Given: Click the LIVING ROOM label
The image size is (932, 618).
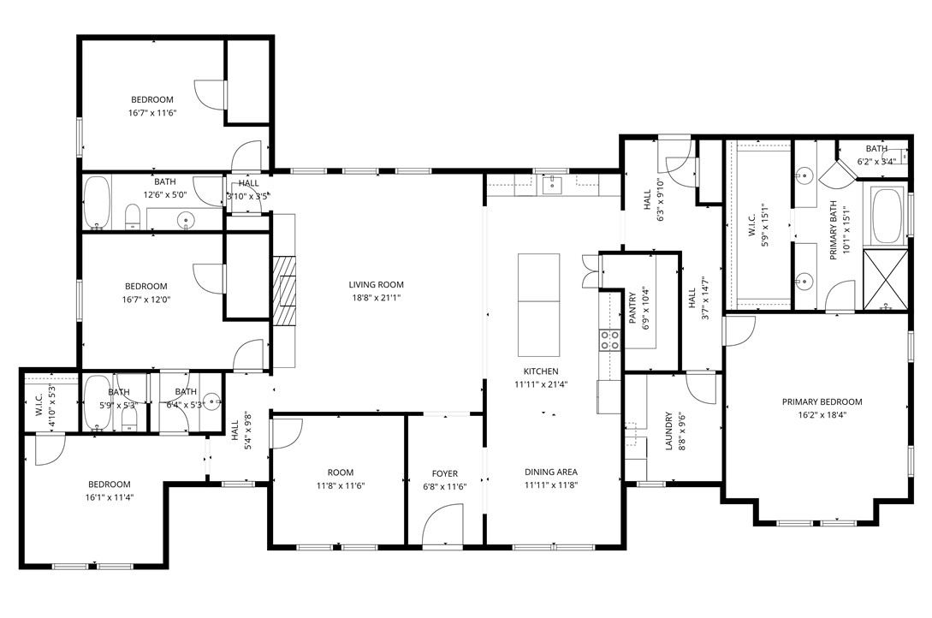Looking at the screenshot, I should click(x=376, y=285).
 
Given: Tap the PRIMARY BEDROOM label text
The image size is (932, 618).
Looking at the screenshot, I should click(x=822, y=401).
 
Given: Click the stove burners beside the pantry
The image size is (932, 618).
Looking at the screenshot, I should click(x=609, y=340).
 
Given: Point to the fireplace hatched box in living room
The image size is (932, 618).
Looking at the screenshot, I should click(x=285, y=289).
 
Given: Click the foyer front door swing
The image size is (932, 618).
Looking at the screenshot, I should click(x=442, y=524).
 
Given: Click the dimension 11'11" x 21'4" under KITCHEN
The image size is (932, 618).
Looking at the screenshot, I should click(x=542, y=384).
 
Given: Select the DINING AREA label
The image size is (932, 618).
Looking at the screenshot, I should click(x=550, y=472).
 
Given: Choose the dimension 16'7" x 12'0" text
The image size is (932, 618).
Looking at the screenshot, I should click(x=146, y=300).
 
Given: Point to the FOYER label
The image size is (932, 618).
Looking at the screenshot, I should click(x=444, y=473).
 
